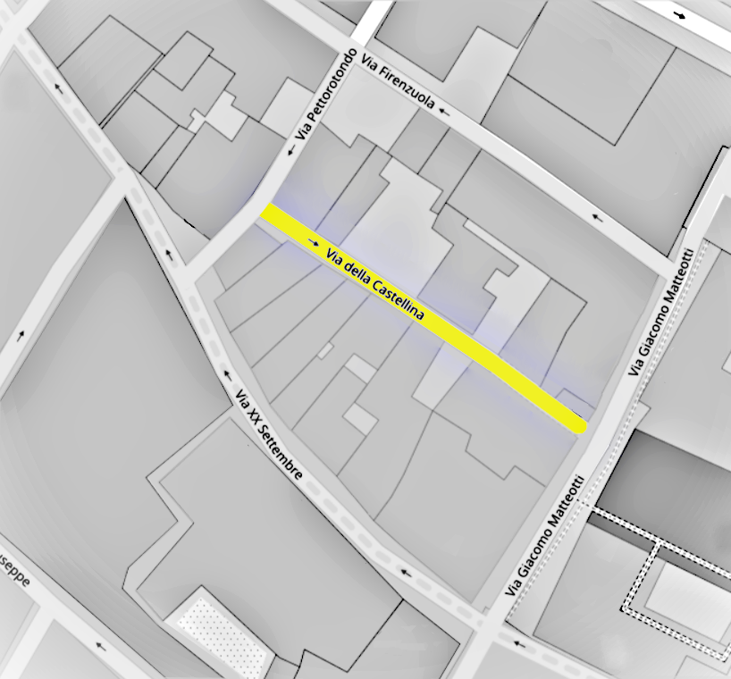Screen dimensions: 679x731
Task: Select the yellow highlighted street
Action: point(500,366)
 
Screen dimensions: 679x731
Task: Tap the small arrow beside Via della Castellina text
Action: point(312,241)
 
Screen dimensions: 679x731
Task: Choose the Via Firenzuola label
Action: point(399,81)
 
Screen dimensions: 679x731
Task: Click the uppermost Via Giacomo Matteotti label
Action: point(660,312)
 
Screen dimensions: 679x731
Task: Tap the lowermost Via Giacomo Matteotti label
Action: point(546,535)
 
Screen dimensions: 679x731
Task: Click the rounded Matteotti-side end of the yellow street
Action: point(577,423)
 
